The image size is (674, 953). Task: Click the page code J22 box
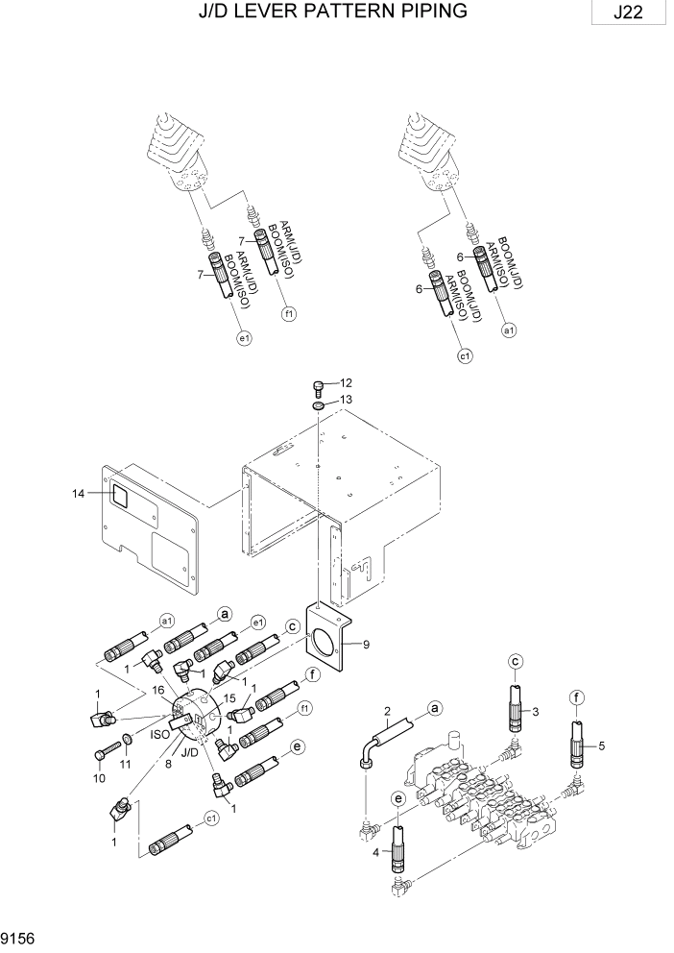[629, 13]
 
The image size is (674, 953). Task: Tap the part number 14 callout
[79, 493]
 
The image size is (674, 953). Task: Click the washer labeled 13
[319, 403]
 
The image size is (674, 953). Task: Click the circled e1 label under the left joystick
[243, 338]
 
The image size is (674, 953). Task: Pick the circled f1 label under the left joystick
[287, 313]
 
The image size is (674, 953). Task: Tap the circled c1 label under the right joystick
[465, 356]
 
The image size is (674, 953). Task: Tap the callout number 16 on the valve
[159, 690]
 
